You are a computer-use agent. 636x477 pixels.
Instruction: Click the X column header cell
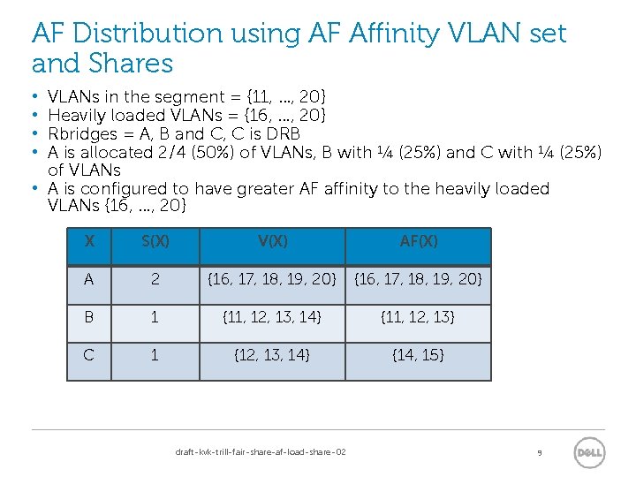pos(89,241)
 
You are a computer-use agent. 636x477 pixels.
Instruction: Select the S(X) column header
pos(155,241)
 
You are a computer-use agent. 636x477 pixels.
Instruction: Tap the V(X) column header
pos(271,241)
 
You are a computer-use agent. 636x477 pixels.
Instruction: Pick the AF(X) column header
pos(418,241)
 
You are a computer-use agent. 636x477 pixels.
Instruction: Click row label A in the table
pos(89,279)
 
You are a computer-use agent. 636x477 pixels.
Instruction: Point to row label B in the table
pos(89,317)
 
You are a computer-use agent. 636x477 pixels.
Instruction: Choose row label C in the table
pos(89,355)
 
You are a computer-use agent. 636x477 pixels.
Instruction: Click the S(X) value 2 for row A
pos(155,279)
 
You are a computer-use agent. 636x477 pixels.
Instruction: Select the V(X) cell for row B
pos(271,317)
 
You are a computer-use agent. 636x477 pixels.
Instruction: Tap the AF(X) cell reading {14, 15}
pos(418,355)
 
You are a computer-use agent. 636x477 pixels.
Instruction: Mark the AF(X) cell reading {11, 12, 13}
pos(418,317)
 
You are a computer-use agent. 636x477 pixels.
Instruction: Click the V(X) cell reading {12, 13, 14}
pos(271,355)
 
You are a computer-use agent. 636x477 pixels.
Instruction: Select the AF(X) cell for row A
pos(418,279)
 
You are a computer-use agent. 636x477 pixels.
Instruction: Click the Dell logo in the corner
pos(589,452)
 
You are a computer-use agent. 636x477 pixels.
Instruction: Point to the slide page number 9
pos(539,453)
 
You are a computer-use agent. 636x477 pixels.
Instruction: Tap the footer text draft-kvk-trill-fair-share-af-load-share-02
pos(261,452)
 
